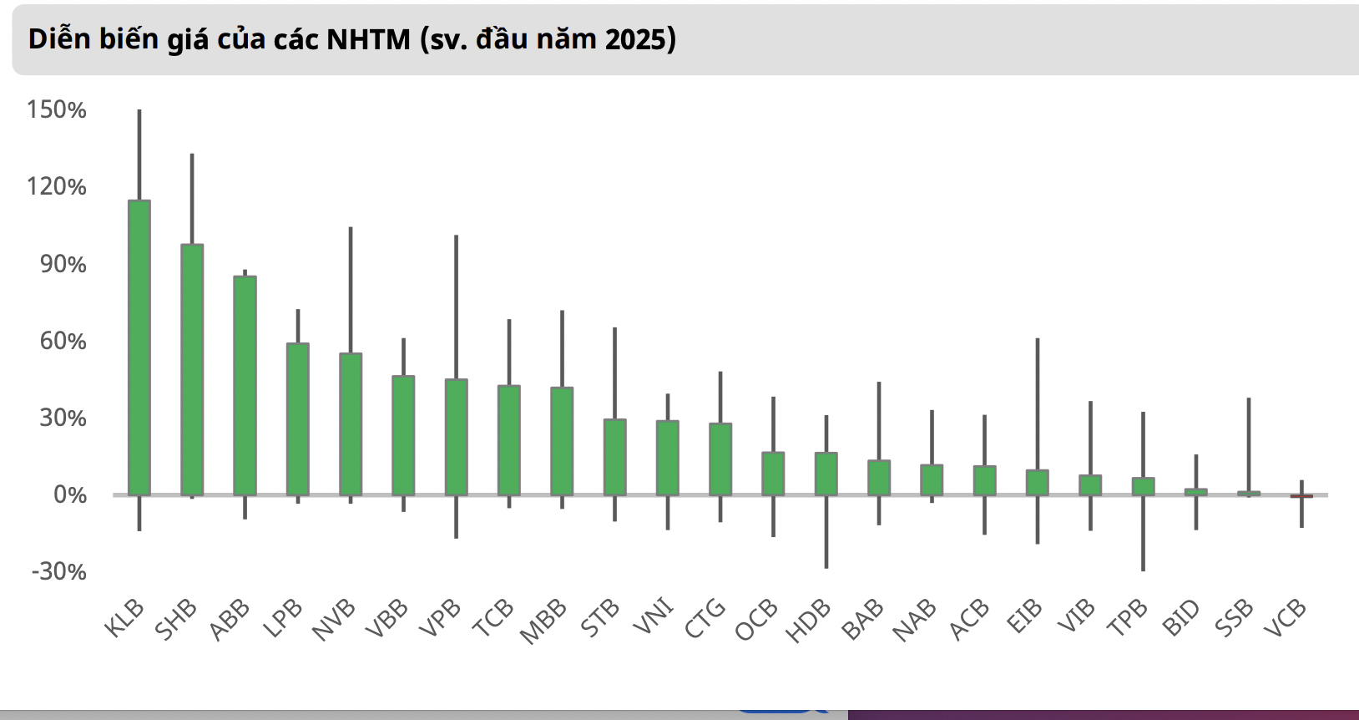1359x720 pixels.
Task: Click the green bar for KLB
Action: pos(139,347)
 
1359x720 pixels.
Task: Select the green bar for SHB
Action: pos(192,369)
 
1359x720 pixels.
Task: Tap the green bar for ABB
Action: pos(245,385)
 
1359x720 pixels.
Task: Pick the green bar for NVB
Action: pos(351,423)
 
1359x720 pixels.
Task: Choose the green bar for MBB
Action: pos(562,441)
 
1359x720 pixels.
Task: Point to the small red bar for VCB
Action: pos(1301,496)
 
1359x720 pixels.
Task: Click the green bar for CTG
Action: pos(720,459)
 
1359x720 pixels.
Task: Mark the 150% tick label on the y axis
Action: pos(57,109)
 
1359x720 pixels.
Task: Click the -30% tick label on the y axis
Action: pos(58,571)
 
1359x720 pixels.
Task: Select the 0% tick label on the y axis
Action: pos(70,494)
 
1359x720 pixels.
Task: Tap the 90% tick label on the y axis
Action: pos(63,264)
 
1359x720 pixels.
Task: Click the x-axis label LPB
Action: pos(282,619)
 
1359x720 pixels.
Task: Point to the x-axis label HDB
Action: pos(808,621)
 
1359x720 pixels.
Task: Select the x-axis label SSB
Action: pos(1234,619)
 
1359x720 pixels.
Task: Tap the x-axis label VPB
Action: pos(439,619)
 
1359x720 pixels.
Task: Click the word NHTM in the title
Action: pos(369,39)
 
